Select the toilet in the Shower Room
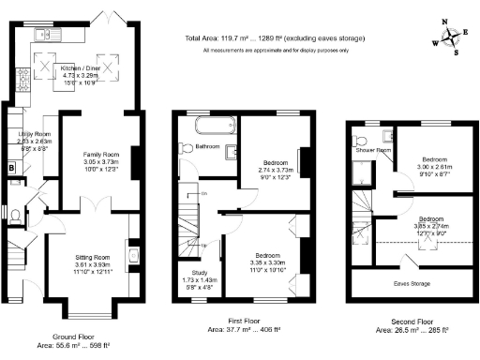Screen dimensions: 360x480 [x=361, y=143]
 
